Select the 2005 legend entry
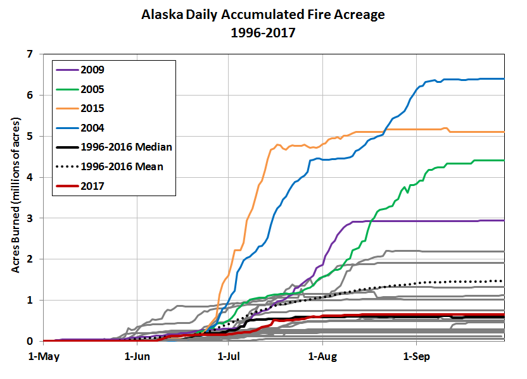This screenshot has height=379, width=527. pyautogui.click(x=92, y=89)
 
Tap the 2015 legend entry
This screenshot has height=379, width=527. pyautogui.click(x=92, y=108)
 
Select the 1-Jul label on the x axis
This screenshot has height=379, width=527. pyautogui.click(x=229, y=356)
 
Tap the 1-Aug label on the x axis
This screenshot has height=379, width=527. pyautogui.click(x=322, y=356)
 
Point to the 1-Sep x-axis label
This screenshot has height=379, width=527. pyautogui.click(x=416, y=356)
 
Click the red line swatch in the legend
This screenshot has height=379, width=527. pyautogui.click(x=66, y=186)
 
